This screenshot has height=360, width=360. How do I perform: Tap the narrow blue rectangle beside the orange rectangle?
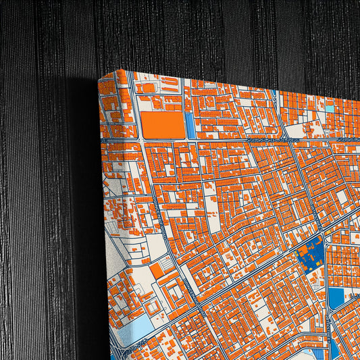pos(190,126)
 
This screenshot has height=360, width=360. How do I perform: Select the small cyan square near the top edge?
pos(330,107)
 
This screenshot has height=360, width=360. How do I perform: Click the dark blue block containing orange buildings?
pos(309,255)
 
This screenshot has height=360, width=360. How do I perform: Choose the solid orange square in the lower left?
pos(156,271)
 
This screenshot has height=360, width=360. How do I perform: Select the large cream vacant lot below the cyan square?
pos(297,130)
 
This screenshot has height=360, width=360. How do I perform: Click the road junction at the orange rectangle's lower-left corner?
pos(140,140)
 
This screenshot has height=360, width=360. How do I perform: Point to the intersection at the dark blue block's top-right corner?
pos(323,238)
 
